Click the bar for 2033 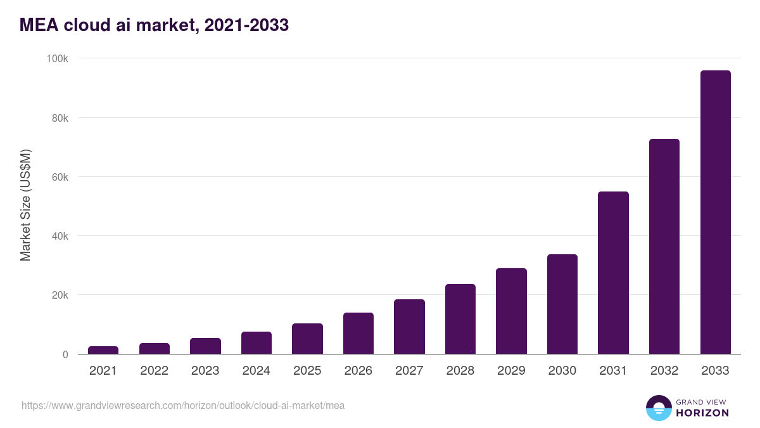coord(715,212)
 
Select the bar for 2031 coord(613,273)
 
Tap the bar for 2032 coord(664,247)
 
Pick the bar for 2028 coord(460,319)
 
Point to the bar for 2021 coord(103,350)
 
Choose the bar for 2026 coord(358,334)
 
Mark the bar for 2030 coord(562,304)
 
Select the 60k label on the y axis coord(59,177)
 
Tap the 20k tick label coord(59,295)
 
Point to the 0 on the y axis coord(65,354)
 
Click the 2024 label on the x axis coord(256,371)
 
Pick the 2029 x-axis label coord(511,371)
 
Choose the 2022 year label coord(154,371)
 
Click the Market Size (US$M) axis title coord(25,205)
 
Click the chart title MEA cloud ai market coord(154,25)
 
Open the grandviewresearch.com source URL coord(183,405)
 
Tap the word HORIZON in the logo coord(702,413)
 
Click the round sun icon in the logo coord(658,408)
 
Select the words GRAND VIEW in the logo coord(702,401)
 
